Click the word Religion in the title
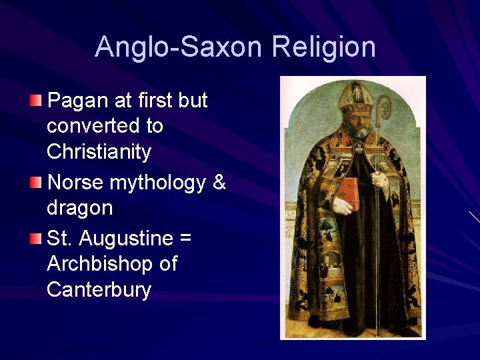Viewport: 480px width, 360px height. (x=323, y=47)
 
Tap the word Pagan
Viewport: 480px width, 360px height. (x=75, y=101)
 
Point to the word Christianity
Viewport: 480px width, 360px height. (x=99, y=152)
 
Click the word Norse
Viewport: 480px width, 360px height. (x=75, y=181)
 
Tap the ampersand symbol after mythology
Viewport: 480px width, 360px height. (x=219, y=181)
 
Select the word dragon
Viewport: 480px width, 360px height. (x=80, y=208)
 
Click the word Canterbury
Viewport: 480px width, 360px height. (x=99, y=290)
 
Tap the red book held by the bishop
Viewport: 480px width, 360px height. (x=346, y=193)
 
